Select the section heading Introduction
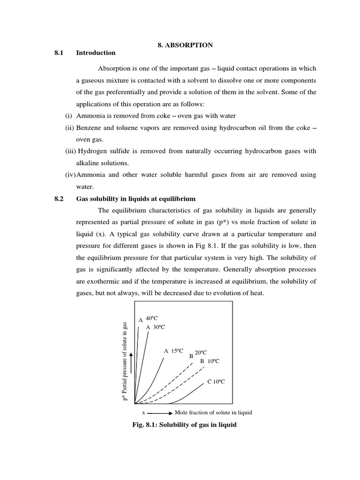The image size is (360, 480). point(96,53)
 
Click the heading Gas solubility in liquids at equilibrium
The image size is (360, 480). point(136,199)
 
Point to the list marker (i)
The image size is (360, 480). point(68,116)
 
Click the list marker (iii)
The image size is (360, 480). point(70,151)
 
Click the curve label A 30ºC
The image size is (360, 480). point(156,327)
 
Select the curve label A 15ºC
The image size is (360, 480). point(173,351)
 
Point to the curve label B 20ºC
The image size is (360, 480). point(198,354)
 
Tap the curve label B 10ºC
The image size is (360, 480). point(210,361)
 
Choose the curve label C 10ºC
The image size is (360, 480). point(216,382)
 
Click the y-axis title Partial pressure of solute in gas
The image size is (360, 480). point(125,361)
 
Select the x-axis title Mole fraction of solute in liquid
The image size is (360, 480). point(213,412)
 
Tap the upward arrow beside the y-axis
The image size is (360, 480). point(132,363)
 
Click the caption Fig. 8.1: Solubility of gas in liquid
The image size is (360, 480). point(185,425)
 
